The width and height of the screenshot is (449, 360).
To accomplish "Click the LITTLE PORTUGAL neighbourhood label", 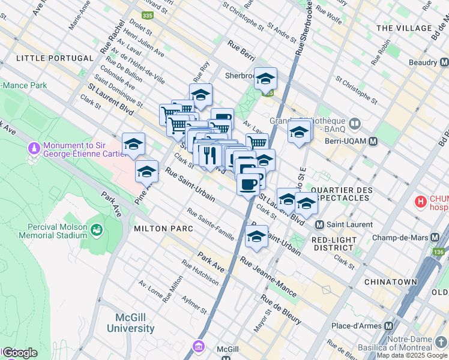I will click(55, 58).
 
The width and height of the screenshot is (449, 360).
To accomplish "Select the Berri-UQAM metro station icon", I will click(373, 142).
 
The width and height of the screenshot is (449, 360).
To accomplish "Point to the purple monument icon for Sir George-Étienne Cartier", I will click(34, 147).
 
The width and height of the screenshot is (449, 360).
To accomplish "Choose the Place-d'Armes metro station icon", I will click(388, 326).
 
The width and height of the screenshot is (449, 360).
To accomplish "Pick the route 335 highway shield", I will click(148, 14).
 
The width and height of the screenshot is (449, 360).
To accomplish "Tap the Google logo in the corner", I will click(19, 353).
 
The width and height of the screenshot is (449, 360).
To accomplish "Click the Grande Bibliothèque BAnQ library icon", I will click(355, 125).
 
